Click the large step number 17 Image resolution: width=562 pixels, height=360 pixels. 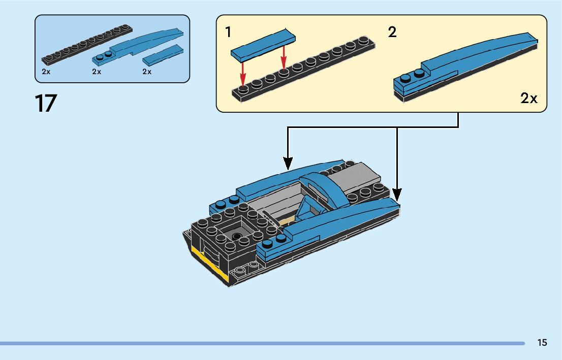pos(46,103)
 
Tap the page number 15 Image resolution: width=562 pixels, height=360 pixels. pos(542,343)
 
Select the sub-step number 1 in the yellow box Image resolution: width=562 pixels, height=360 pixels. pos(229,32)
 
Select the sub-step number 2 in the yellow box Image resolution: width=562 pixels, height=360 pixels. pos(392,32)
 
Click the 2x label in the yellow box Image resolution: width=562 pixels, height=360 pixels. pos(528,99)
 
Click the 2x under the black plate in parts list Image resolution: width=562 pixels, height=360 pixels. pos(46,72)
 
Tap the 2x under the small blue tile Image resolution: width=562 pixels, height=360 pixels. pos(147,72)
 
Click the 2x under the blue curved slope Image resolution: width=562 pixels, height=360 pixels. pos(97,72)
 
